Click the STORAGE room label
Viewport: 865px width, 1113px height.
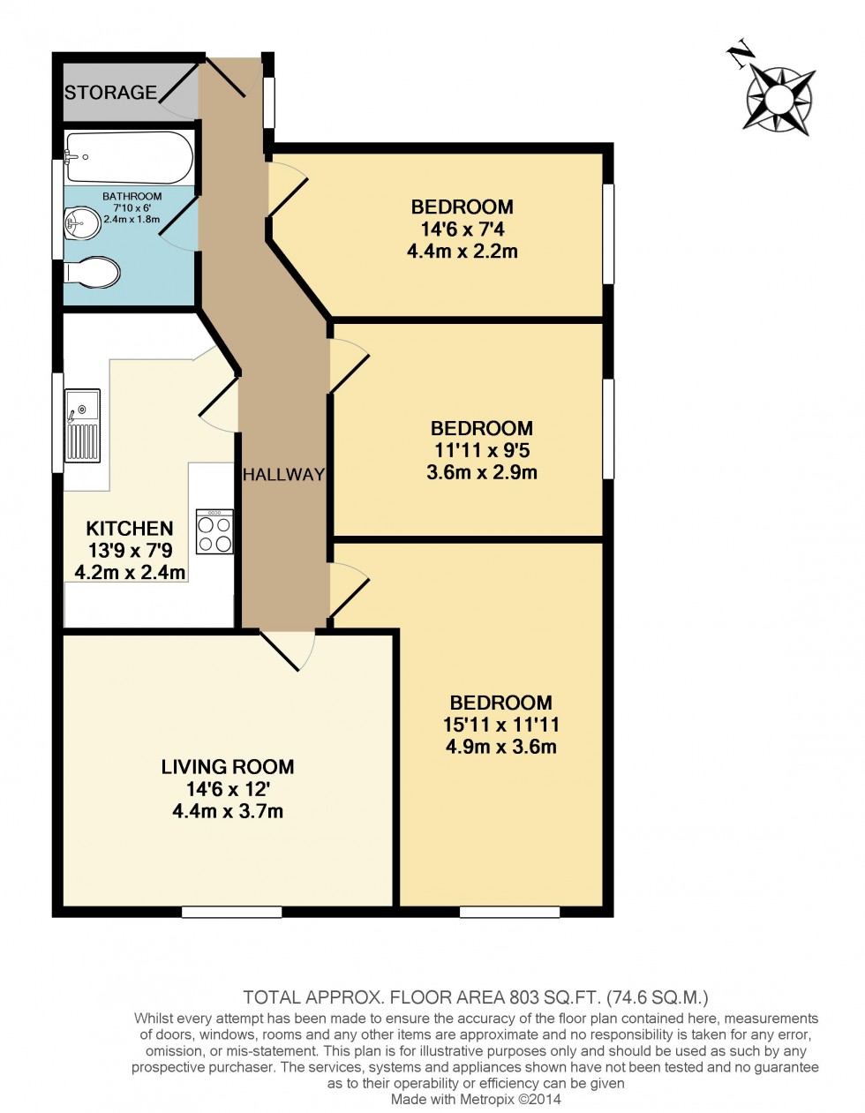(x=110, y=92)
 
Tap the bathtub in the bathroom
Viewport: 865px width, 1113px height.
(x=129, y=157)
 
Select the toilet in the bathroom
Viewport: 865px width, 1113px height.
(x=92, y=273)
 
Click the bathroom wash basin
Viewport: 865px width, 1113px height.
(x=82, y=222)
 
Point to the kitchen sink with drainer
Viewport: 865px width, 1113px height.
(x=82, y=425)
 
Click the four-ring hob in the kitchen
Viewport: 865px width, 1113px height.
(x=214, y=531)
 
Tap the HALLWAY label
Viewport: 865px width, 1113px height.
(x=283, y=474)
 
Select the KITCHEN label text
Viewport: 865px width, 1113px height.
(x=130, y=528)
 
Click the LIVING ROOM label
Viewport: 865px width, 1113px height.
(x=228, y=766)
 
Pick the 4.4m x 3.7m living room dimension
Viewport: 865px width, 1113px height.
(x=228, y=811)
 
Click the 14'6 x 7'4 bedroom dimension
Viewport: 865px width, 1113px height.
(x=463, y=229)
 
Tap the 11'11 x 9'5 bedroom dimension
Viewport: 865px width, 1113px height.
(x=482, y=450)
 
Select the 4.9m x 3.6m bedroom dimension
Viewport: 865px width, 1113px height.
(x=501, y=747)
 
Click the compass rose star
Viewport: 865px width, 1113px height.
(x=778, y=101)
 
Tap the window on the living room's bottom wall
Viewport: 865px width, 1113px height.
(x=232, y=912)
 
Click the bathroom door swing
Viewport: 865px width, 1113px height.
(x=180, y=225)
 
